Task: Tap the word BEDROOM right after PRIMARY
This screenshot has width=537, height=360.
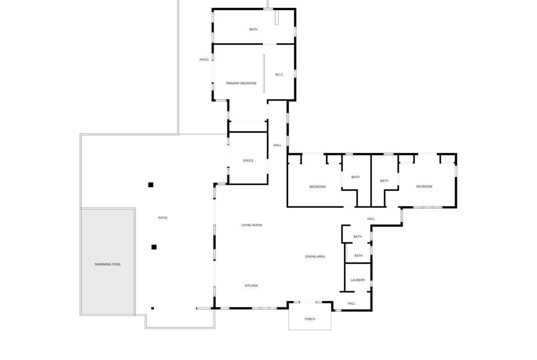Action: (249, 83)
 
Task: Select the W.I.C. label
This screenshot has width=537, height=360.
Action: (280, 74)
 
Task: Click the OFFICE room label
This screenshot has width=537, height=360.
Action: (248, 161)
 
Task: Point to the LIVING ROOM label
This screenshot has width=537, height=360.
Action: (252, 225)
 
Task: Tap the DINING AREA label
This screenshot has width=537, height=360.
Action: (315, 256)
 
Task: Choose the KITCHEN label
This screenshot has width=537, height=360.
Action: (251, 286)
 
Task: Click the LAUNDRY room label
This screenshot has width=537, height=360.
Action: (358, 280)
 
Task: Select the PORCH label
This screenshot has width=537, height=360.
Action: (310, 319)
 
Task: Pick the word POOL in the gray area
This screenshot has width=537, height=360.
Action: (117, 265)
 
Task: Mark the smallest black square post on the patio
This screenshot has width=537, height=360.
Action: (152, 308)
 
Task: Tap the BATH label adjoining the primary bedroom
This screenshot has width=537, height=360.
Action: (253, 29)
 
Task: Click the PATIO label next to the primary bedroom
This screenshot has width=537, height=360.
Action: (204, 60)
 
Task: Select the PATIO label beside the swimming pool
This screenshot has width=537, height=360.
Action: (162, 218)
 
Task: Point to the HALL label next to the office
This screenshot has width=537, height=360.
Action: (277, 145)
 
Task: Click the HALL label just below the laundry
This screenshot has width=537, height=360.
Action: (352, 304)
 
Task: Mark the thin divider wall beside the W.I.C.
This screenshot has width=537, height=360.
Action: (263, 73)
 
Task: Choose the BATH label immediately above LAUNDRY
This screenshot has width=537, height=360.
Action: (358, 255)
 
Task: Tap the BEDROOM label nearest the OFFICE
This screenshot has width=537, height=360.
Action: (317, 187)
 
